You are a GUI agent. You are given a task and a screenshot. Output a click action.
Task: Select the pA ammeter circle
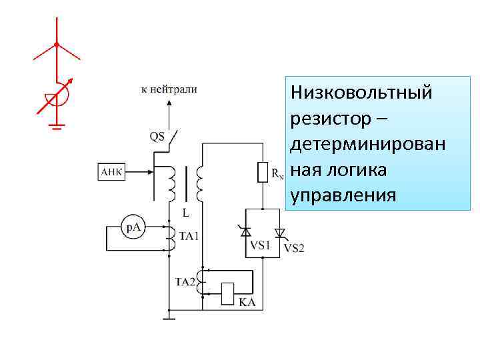pyautogui.click(x=133, y=228)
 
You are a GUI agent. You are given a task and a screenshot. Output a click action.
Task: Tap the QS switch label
pyautogui.click(x=157, y=137)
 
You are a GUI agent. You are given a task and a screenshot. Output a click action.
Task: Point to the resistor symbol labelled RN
pyautogui.click(x=263, y=173)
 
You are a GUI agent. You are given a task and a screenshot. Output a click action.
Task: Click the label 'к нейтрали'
pyautogui.click(x=169, y=89)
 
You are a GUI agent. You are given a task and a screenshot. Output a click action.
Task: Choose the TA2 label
pyautogui.click(x=185, y=281)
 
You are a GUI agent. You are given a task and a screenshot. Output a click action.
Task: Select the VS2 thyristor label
pyautogui.click(x=294, y=248)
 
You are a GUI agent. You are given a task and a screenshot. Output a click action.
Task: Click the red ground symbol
pyautogui.click(x=59, y=124)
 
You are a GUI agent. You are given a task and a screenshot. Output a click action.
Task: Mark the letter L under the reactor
pyautogui.click(x=186, y=213)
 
